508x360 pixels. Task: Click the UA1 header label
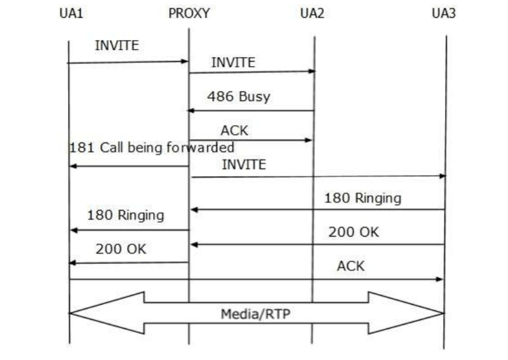pos(71,13)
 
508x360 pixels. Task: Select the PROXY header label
pos(189,13)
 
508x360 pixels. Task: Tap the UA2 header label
pos(312,13)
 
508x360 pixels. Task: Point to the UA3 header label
pos(443,13)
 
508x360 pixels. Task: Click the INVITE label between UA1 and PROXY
pos(116,46)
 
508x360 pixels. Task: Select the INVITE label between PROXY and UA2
pos(233,62)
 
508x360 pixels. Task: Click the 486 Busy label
pos(238,97)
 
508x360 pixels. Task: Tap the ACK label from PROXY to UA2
pos(234,131)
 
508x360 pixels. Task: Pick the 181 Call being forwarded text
pos(151,147)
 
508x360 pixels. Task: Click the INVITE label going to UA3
pos(243,164)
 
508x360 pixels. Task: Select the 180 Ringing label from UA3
pos(363,198)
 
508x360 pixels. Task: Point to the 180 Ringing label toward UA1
pos(125,215)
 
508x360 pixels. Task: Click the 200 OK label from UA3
pos(353,232)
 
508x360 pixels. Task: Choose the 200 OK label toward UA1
pos(121,249)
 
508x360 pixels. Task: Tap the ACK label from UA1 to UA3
pos(351,266)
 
